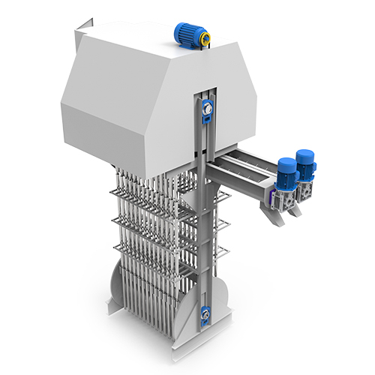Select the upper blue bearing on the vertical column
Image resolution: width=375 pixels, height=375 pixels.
[x=208, y=110]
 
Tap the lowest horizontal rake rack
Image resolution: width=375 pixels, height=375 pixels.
[x=150, y=247]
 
